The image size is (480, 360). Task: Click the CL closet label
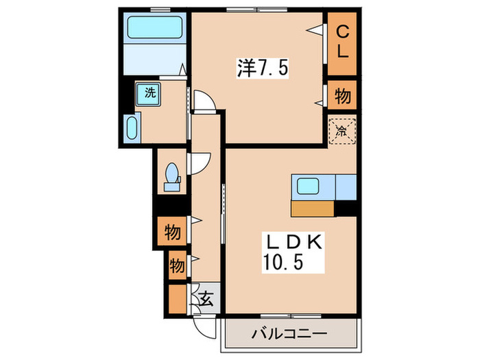(342, 43)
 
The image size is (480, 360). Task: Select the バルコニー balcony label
(289, 334)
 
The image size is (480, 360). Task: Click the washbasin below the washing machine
(133, 128)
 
